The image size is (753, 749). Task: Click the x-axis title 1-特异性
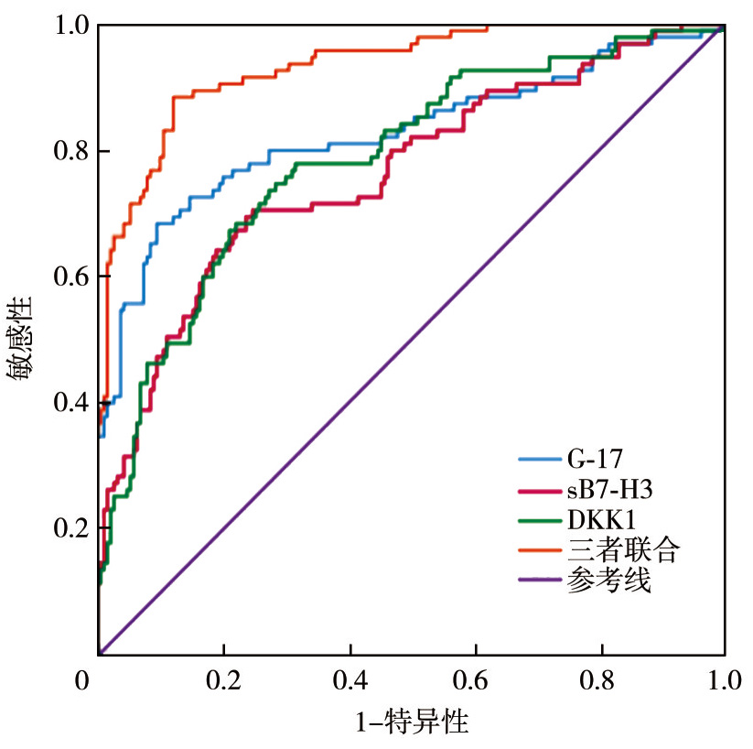(412, 723)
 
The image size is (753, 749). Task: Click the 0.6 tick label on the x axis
(474, 680)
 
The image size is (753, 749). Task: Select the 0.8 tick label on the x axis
(599, 680)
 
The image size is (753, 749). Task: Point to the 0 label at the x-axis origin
(84, 680)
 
